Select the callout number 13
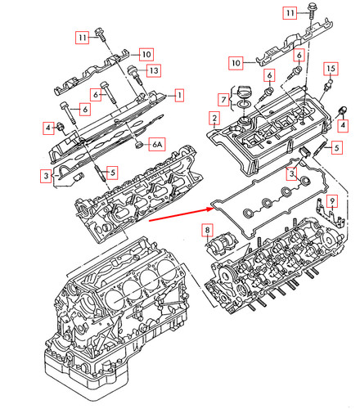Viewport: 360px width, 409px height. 152,71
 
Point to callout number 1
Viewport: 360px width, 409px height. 178,96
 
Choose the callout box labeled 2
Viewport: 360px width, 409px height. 214,119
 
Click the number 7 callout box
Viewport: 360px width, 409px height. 223,101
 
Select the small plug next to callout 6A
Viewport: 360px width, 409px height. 141,146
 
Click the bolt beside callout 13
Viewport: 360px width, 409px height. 130,72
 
